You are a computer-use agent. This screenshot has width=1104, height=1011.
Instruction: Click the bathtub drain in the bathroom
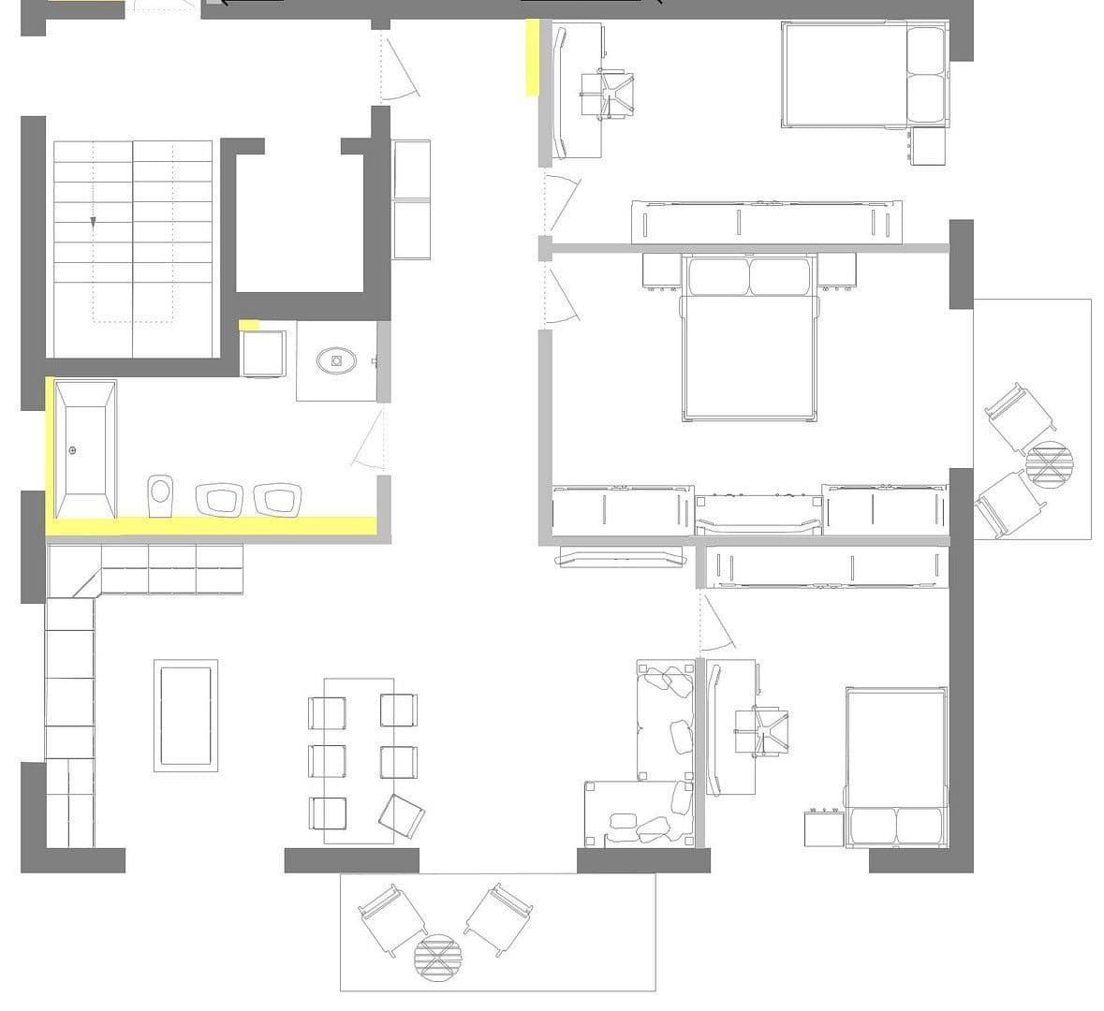coord(73,451)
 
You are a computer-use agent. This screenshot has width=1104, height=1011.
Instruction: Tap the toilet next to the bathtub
coord(161,493)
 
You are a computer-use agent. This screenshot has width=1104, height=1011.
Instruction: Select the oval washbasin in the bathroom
coord(335,359)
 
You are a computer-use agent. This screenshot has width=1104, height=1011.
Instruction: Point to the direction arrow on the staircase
coord(94,222)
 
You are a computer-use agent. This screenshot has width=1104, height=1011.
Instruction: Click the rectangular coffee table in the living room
coord(186,715)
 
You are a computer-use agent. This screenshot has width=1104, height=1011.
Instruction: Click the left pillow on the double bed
coord(719,277)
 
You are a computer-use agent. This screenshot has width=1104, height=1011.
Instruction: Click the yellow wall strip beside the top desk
coord(532,58)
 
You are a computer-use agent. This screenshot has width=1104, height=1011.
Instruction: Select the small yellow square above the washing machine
coord(249,325)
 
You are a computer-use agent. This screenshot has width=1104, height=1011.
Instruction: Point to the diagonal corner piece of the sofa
coord(75,571)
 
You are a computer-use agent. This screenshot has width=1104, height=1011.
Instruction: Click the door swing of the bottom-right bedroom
coord(718,626)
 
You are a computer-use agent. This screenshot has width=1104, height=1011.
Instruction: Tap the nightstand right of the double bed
coord(836,271)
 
